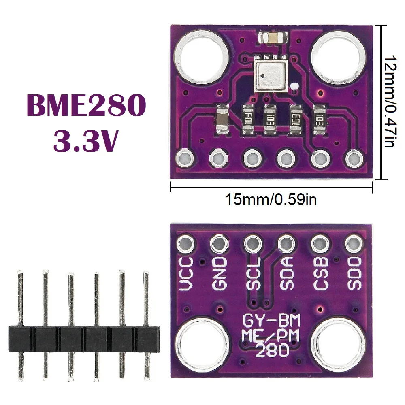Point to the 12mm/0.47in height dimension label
click(389, 101)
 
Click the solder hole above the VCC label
click(186, 244)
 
